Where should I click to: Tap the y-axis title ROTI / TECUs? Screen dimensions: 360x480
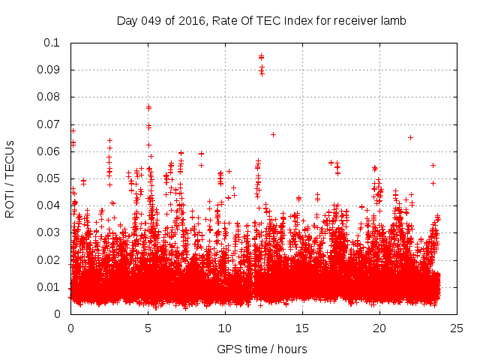pyautogui.click(x=10, y=178)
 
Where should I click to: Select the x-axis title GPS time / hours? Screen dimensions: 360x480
pyautogui.click(x=261, y=349)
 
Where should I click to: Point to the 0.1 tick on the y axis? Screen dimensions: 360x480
pyautogui.click(x=52, y=43)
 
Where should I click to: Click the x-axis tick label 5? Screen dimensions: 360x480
pyautogui.click(x=148, y=328)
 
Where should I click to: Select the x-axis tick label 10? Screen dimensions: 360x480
pyautogui.click(x=225, y=328)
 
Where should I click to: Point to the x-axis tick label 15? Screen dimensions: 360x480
pyautogui.click(x=302, y=328)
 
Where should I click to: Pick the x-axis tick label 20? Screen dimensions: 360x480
pyautogui.click(x=379, y=328)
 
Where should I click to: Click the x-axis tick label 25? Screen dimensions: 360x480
pyautogui.click(x=457, y=328)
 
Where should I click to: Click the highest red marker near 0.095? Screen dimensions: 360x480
pyautogui.click(x=261, y=56)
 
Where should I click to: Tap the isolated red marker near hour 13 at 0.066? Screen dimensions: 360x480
pyautogui.click(x=273, y=134)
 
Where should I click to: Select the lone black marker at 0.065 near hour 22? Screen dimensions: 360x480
pyautogui.click(x=410, y=137)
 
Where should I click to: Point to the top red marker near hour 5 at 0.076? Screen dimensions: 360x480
pyautogui.click(x=148, y=107)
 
